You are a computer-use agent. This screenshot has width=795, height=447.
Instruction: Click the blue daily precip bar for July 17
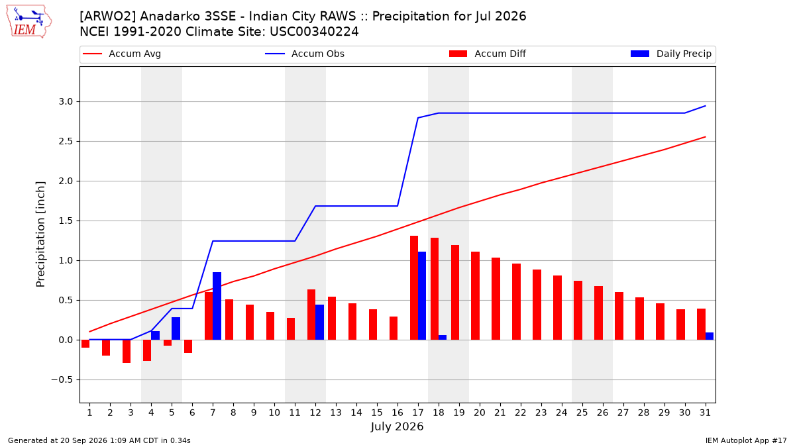pyautogui.click(x=422, y=296)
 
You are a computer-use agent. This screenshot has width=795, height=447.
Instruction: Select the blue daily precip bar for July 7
pyautogui.click(x=217, y=306)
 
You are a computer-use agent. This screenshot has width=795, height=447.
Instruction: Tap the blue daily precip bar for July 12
pyautogui.click(x=319, y=322)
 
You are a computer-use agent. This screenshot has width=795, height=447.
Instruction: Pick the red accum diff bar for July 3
pyautogui.click(x=127, y=351)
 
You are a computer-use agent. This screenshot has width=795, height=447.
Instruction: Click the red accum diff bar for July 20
pyautogui.click(x=476, y=296)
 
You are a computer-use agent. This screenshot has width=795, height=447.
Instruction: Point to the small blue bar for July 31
pyautogui.click(x=710, y=336)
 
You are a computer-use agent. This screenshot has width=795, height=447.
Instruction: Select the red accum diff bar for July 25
pyautogui.click(x=578, y=311)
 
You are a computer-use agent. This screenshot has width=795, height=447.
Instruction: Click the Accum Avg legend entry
pyautogui.click(x=122, y=54)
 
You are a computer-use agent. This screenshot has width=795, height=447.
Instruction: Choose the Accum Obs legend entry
pyautogui.click(x=305, y=54)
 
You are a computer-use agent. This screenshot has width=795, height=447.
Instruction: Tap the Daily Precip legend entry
pyautogui.click(x=671, y=54)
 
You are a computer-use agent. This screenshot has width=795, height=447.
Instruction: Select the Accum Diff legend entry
pyautogui.click(x=488, y=54)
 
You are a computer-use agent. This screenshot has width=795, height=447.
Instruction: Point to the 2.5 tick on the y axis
pyautogui.click(x=66, y=142)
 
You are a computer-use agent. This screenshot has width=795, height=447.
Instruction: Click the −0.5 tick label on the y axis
pyautogui.click(x=62, y=380)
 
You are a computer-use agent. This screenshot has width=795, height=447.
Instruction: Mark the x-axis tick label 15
pyautogui.click(x=377, y=413)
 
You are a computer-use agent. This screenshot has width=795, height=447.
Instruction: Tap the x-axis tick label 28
pyautogui.click(x=643, y=413)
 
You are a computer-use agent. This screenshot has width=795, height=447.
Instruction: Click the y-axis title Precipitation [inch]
pyautogui.click(x=40, y=234)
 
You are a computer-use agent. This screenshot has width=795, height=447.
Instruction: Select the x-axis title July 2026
pyautogui.click(x=397, y=426)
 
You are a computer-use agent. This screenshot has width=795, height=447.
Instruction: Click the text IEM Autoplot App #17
pyautogui.click(x=746, y=440)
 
